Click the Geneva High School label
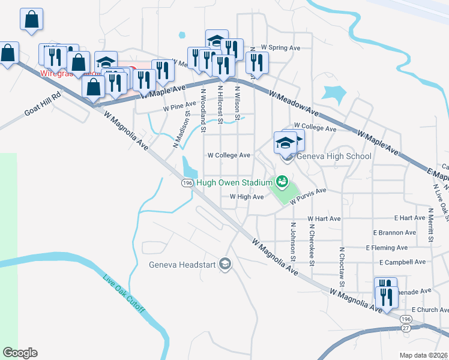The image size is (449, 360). (332, 157)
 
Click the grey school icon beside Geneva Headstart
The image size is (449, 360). (225, 264)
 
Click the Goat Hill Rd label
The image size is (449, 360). (43, 104)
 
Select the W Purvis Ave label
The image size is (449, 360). (308, 196)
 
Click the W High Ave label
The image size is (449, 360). (247, 197)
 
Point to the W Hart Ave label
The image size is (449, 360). (324, 219)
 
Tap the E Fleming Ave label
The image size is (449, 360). (387, 247)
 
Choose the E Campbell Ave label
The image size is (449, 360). (402, 262)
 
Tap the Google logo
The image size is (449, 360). (20, 353)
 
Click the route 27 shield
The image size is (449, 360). (406, 328)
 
